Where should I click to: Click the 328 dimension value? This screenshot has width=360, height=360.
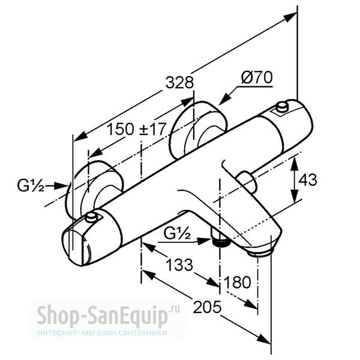[179, 82]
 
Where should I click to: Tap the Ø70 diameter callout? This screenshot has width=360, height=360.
[257, 77]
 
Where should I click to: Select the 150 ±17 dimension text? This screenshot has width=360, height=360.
[136, 129]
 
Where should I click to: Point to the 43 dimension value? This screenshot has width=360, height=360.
[308, 179]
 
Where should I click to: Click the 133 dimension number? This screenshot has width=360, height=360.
[179, 265]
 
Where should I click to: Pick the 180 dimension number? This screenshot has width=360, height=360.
[238, 282]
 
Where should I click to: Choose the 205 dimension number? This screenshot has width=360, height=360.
[208, 307]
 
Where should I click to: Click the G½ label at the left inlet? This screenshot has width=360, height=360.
[31, 185]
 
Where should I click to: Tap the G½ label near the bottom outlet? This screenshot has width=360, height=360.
[177, 233]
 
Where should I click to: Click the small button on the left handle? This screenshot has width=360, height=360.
[92, 218]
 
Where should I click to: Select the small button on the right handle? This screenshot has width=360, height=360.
[282, 107]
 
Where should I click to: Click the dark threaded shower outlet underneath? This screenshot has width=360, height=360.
[221, 242]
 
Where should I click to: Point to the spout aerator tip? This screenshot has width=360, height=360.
[260, 253]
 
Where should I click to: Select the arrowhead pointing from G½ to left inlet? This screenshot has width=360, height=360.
[60, 185]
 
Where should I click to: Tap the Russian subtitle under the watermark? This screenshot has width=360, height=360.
[103, 333]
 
